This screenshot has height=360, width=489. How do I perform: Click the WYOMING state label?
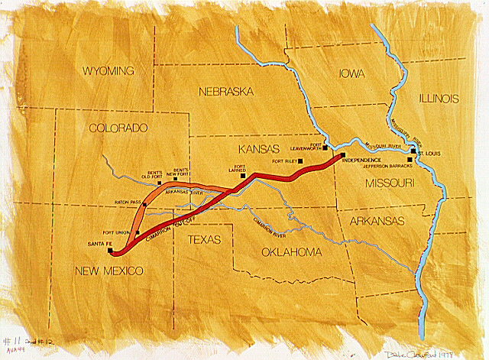108,71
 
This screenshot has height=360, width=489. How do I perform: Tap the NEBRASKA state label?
225,91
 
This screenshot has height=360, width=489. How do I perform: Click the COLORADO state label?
118,128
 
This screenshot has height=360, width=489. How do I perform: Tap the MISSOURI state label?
389,183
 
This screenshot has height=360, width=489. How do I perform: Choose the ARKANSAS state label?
377,220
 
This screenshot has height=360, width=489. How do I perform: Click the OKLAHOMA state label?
293,251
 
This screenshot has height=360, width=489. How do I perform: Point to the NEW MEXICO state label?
108,271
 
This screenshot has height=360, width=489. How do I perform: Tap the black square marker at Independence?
342,156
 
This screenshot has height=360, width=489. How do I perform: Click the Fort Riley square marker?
301,160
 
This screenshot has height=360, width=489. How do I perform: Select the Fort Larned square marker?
242,175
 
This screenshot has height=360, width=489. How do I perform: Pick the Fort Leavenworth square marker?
325,148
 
